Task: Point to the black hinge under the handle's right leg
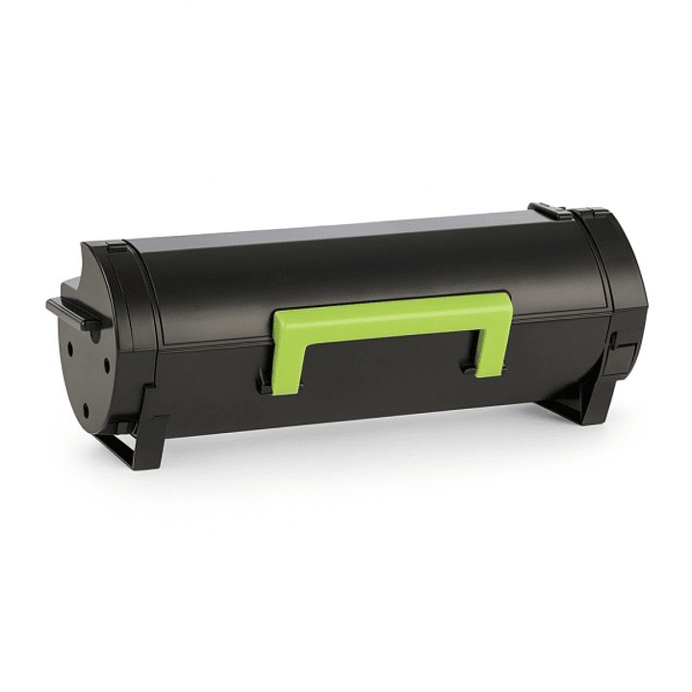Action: pyautogui.click(x=471, y=368)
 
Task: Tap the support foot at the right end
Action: pyautogui.click(x=577, y=404)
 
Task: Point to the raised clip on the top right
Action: pyautogui.click(x=551, y=210)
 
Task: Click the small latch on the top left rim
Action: pyautogui.click(x=115, y=247)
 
